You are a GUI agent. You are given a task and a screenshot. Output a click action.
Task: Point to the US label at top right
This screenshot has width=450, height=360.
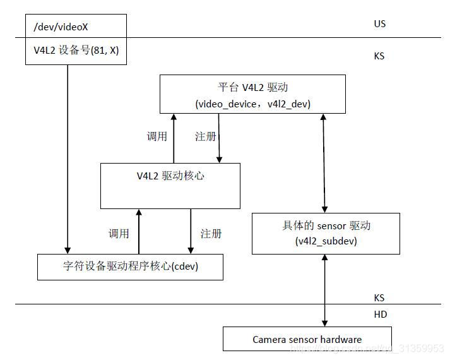[379, 24]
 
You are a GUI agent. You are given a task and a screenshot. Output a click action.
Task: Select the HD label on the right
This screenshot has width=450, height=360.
[380, 315]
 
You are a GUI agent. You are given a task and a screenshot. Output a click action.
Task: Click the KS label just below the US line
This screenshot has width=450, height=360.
[379, 56]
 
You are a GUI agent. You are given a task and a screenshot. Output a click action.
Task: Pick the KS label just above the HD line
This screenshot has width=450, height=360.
[379, 297]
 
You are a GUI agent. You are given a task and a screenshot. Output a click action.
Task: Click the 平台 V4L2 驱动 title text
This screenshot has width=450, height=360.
[252, 87]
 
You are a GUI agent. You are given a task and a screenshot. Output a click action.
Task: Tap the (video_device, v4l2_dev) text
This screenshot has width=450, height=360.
[252, 103]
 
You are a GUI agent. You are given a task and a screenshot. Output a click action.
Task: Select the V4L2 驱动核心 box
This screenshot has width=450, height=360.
[170, 186]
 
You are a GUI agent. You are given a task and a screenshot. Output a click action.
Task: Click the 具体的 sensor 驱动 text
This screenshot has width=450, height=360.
[325, 226]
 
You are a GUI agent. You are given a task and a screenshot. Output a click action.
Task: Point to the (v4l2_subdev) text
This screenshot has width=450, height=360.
[325, 241]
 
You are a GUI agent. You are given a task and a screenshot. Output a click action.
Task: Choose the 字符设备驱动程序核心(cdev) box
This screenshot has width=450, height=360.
[131, 267]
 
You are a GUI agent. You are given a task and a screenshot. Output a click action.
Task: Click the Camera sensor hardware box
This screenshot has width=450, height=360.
[307, 339]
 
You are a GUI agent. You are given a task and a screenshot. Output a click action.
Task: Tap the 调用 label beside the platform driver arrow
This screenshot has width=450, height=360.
[157, 136]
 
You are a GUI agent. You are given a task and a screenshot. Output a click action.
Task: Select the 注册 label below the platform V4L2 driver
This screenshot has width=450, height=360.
[205, 136]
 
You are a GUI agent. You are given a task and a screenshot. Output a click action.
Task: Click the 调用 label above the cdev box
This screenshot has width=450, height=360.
[119, 234]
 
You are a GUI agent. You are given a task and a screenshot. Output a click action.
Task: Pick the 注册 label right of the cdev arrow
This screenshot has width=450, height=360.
[211, 234]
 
